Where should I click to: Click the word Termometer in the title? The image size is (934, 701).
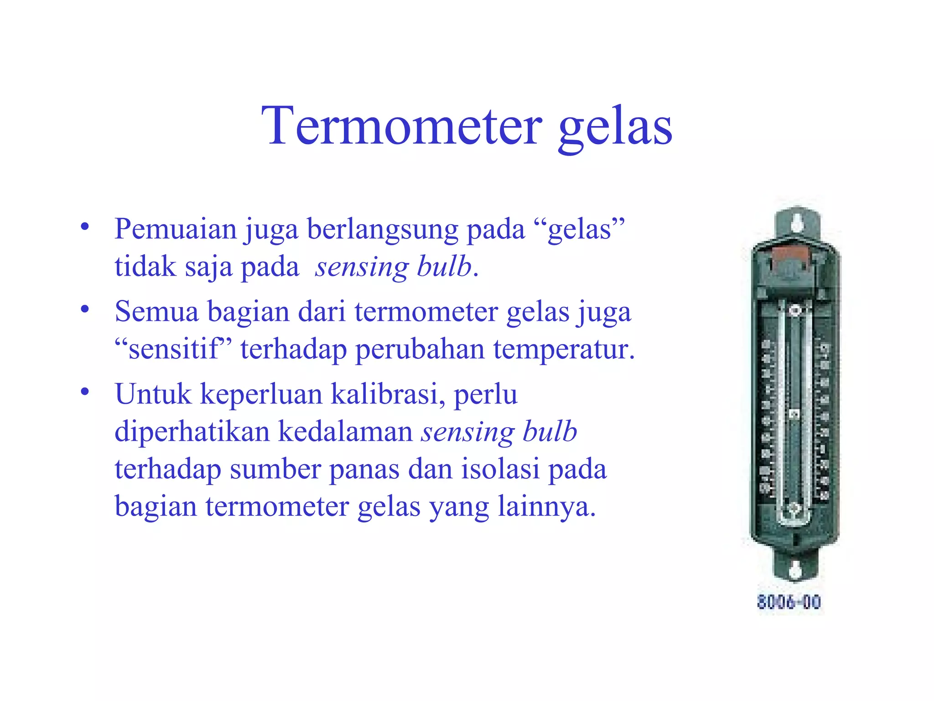(401, 126)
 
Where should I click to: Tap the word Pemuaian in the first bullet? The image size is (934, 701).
(176, 229)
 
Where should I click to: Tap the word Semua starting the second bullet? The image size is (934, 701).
(157, 312)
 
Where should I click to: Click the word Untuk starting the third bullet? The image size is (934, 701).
(153, 394)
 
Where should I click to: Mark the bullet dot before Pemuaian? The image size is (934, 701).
(85, 227)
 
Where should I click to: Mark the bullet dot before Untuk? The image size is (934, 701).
(85, 392)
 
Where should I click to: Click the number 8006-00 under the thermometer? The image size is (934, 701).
(789, 602)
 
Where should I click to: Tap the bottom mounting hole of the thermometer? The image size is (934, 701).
(795, 570)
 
